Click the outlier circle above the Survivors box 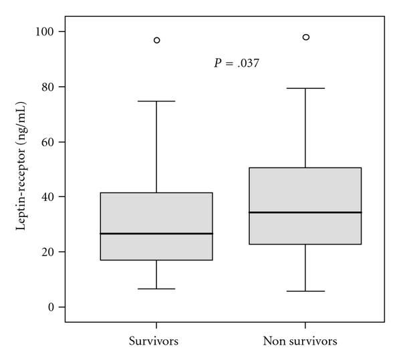pos(156,40)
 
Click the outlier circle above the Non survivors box pos(305,37)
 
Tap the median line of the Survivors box pos(156,234)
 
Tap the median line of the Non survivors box pos(305,212)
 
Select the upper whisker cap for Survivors pos(156,101)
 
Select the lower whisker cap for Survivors pos(156,289)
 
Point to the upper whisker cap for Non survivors pos(305,88)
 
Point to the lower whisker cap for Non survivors pos(305,291)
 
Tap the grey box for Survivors pos(156,214)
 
